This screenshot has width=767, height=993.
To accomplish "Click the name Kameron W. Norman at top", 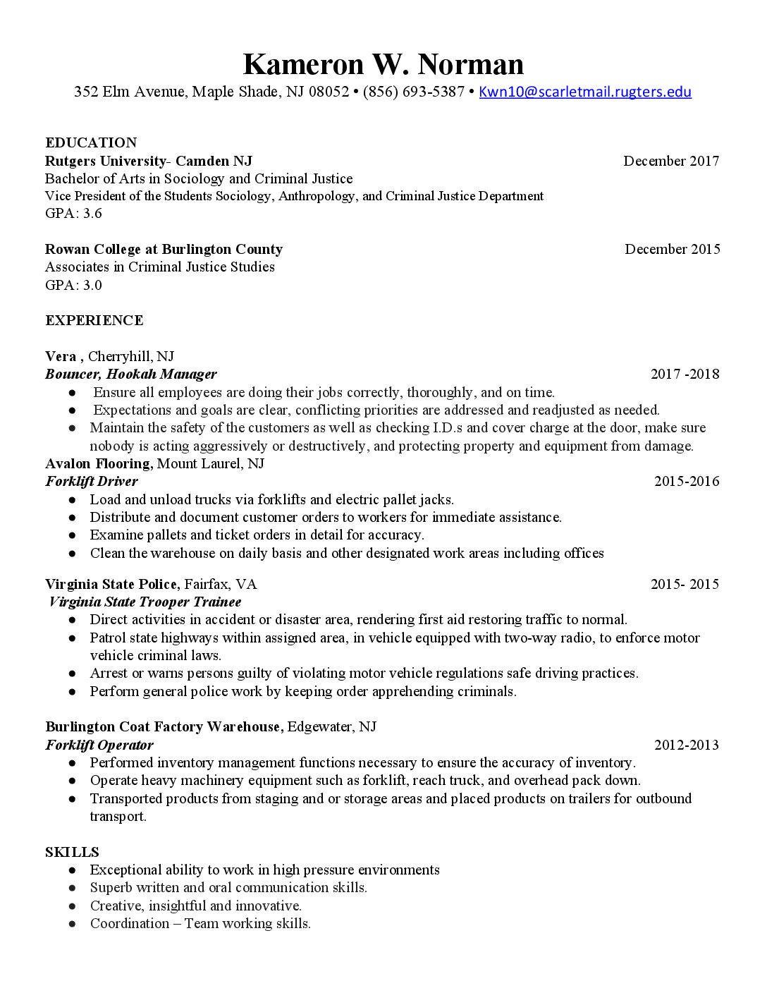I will (x=383, y=64).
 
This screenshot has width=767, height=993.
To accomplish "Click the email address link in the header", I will (x=584, y=92).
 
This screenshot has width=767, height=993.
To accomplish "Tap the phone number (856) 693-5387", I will (x=414, y=92).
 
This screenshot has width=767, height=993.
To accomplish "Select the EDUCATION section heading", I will (x=91, y=142).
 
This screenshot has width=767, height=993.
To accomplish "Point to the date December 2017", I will (x=671, y=161).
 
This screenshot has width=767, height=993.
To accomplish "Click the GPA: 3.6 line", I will (x=73, y=213).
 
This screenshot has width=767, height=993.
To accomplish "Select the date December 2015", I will (x=672, y=249).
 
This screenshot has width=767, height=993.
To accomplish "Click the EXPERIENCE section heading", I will (x=94, y=320).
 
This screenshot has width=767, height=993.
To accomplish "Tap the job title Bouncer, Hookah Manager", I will (x=131, y=374).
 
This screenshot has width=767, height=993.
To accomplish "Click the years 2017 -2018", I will (x=685, y=374).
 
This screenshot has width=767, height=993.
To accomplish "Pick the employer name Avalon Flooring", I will (x=99, y=463).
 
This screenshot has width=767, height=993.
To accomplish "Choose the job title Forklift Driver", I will (x=92, y=481).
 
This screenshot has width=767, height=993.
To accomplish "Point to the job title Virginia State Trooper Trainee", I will (x=145, y=602).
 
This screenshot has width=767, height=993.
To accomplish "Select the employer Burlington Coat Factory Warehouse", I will (x=164, y=726).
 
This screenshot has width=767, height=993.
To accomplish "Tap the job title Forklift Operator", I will (x=99, y=745).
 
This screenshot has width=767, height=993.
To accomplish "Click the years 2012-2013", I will (x=686, y=745).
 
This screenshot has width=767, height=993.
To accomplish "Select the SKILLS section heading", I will (x=72, y=852).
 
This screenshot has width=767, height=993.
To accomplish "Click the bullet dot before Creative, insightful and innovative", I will (x=73, y=906).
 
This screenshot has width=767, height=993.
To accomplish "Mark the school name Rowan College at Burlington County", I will (x=164, y=249).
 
